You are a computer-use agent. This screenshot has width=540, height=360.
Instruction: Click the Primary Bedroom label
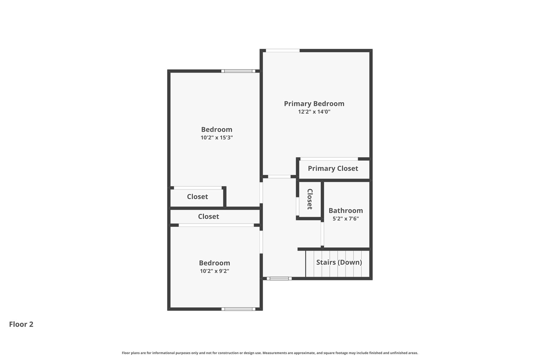click(314, 104)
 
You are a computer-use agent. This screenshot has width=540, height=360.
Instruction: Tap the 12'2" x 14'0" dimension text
click(314, 112)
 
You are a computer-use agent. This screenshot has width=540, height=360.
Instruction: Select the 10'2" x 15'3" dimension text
click(217, 138)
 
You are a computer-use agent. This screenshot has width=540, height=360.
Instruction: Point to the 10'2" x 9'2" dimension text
click(214, 271)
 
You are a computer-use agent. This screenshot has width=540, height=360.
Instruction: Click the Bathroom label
click(346, 211)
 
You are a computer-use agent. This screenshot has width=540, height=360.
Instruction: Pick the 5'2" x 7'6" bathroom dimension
click(346, 219)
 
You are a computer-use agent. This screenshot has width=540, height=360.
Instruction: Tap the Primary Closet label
click(333, 169)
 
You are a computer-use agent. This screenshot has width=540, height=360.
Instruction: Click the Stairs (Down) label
click(339, 262)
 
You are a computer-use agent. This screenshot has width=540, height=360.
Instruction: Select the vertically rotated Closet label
click(310, 199)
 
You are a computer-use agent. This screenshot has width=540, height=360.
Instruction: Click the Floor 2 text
click(21, 324)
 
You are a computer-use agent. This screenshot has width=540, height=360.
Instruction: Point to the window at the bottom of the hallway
click(279, 278)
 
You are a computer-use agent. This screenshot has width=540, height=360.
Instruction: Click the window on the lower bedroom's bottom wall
click(238, 309)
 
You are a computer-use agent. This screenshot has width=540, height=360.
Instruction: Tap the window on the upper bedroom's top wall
click(238, 71)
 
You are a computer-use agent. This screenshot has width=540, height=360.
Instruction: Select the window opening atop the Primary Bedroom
click(283, 50)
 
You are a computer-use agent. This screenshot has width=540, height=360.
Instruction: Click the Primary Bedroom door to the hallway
click(279, 177)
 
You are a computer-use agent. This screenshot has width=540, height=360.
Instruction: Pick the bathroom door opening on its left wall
click(322, 234)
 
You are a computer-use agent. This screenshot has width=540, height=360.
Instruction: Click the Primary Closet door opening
click(329, 159)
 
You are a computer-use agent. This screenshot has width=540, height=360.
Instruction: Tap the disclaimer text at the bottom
click(270, 353)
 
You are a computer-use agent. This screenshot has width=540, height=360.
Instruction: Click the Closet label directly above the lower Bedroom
click(208, 217)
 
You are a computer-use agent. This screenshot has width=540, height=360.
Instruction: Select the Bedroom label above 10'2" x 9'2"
click(214, 263)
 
